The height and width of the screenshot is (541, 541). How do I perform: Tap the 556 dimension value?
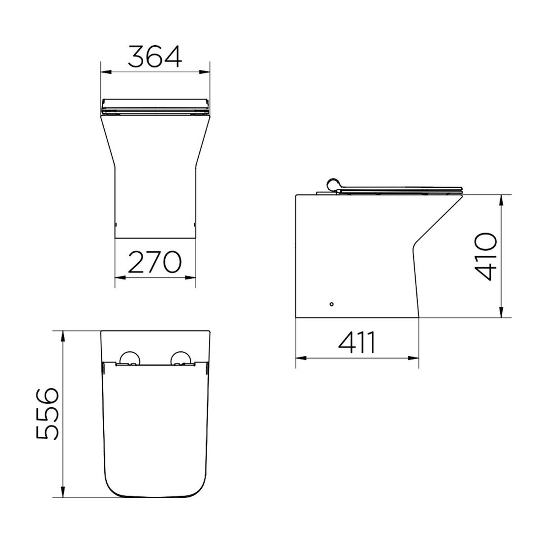click(48, 414)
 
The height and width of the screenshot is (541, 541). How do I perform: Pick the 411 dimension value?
click(357, 343)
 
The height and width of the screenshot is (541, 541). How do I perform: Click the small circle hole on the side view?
click(331, 304)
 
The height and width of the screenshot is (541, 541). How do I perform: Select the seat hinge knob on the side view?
click(334, 183)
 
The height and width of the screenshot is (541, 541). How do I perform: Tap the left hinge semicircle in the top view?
click(130, 358)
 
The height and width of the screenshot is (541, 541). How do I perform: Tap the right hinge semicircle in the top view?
click(180, 358)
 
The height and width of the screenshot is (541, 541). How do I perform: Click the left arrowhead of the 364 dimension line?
click(104, 72)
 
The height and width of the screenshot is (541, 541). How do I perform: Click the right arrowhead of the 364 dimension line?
click(206, 72)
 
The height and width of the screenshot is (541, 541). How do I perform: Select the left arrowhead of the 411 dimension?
click(300, 358)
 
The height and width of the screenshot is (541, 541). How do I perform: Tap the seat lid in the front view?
click(155, 104)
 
